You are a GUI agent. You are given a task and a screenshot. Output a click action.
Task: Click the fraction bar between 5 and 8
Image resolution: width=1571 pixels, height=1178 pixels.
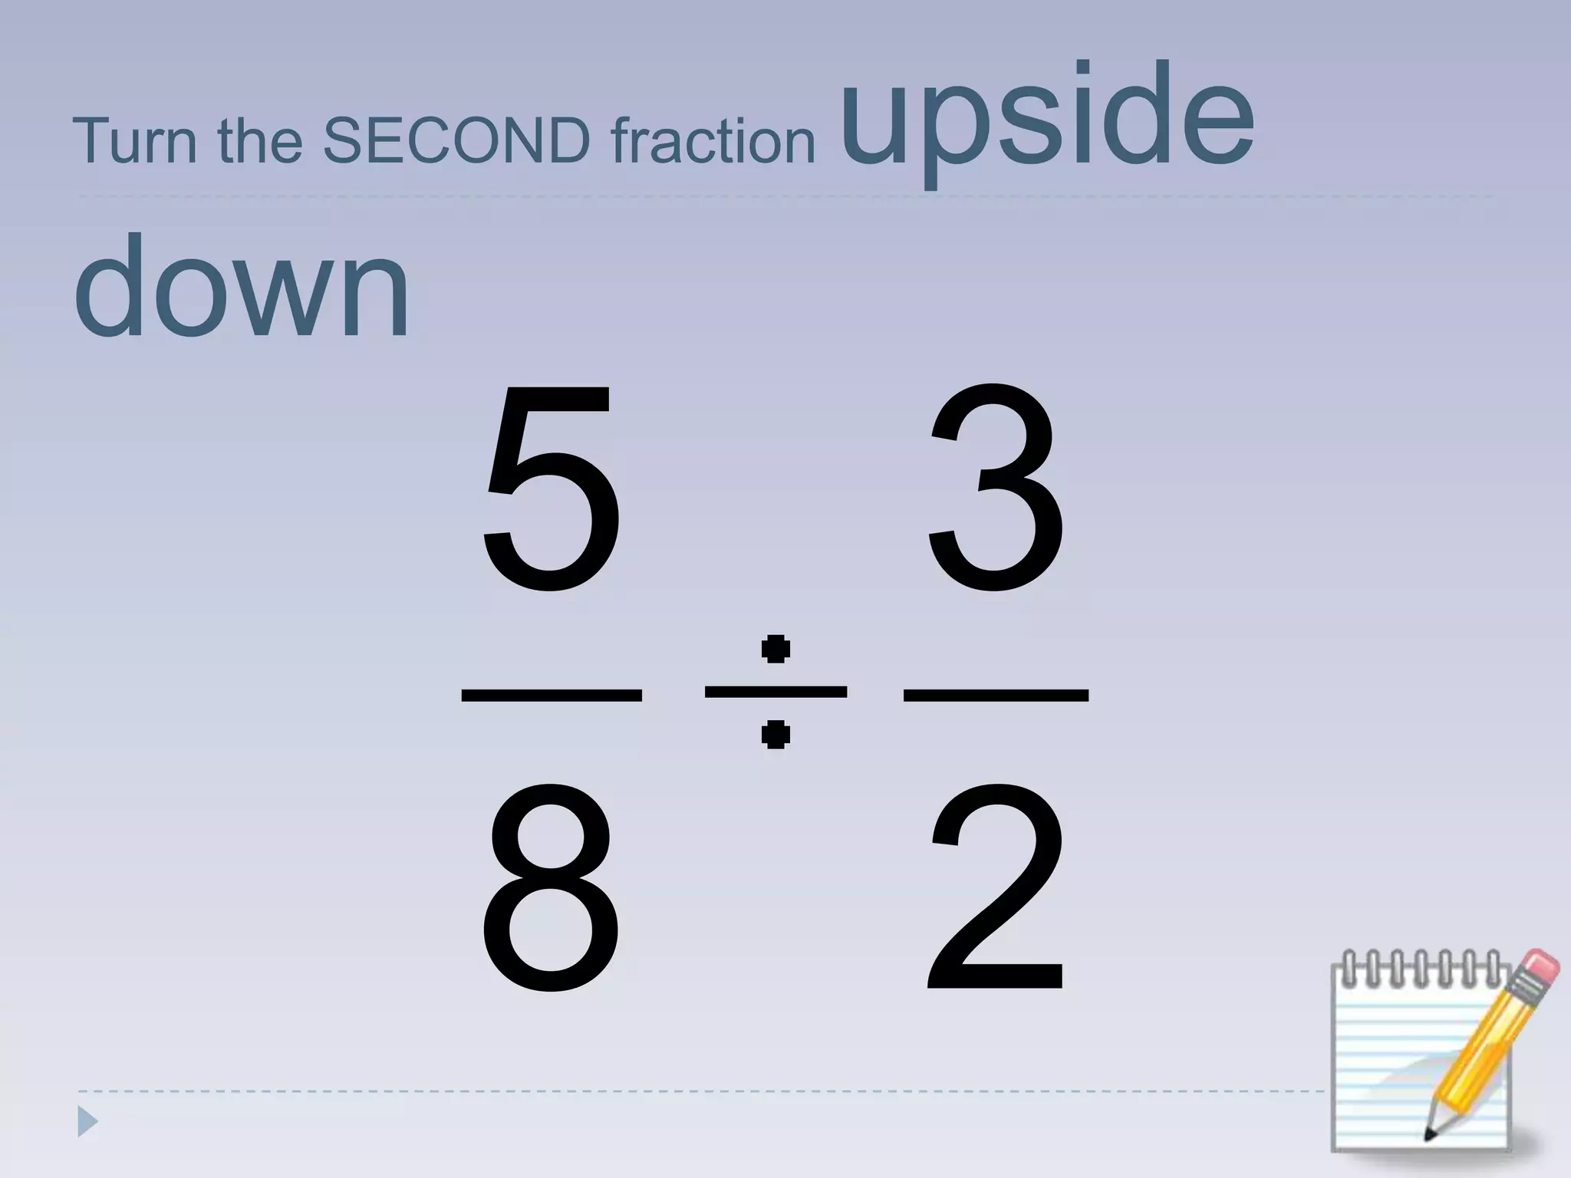click(x=551, y=695)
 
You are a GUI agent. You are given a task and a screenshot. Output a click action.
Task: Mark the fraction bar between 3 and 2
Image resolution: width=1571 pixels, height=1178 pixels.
click(x=996, y=695)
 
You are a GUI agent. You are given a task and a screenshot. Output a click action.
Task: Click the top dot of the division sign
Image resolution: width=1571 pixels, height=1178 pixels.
click(x=776, y=649)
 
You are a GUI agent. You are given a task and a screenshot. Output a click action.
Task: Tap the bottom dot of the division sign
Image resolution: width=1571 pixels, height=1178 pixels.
click(x=776, y=735)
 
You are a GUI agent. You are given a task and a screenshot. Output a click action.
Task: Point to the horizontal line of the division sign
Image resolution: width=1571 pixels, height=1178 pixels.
click(x=776, y=692)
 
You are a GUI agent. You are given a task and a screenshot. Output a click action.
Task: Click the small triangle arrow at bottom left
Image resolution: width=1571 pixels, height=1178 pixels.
click(x=87, y=1123)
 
